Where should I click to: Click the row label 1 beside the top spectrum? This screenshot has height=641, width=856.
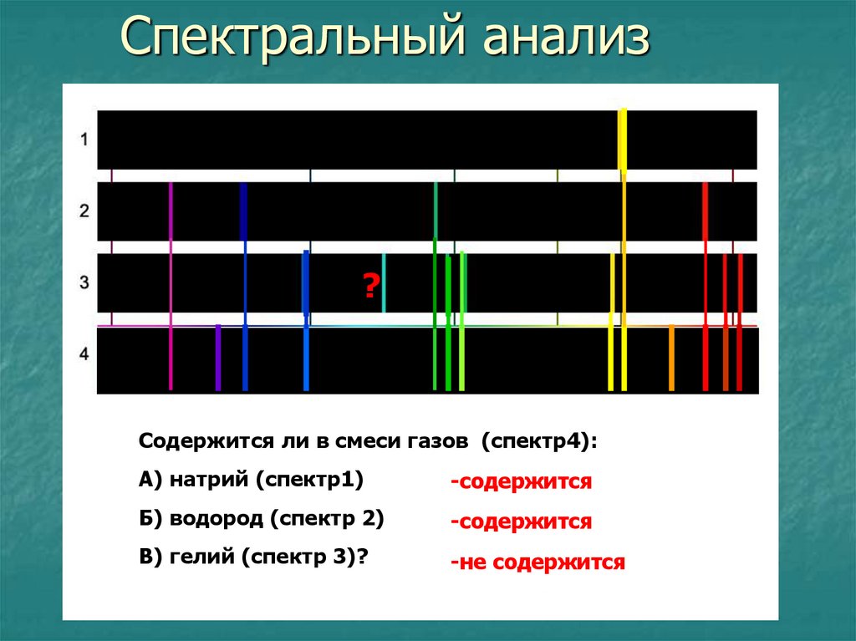[84, 140]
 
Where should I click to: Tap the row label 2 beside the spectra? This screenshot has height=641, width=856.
[84, 211]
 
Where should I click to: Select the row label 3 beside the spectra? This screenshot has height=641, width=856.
[84, 282]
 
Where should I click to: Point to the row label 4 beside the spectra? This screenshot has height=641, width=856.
[84, 354]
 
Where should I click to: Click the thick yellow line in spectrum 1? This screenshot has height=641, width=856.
[622, 140]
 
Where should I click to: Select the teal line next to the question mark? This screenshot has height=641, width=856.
[384, 282]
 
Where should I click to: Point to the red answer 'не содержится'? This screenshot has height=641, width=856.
[538, 562]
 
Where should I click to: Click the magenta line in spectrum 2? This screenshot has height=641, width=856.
[171, 211]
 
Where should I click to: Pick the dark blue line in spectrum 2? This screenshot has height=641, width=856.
[244, 211]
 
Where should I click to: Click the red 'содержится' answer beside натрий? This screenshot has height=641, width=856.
[521, 483]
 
